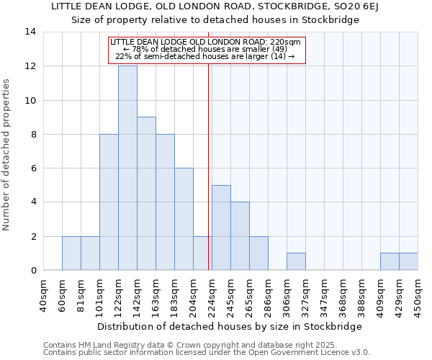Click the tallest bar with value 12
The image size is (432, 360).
(127, 168)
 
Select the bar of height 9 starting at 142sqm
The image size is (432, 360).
(146, 194)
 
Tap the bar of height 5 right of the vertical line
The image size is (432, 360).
(221, 228)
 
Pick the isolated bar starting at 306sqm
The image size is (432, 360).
(296, 262)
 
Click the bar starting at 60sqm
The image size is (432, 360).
(71, 253)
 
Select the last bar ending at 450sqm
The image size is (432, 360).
(408, 262)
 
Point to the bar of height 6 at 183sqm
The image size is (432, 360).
(184, 219)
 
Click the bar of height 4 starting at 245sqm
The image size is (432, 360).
(240, 236)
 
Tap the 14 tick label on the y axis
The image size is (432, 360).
(30, 32)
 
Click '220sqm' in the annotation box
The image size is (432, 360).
(286, 42)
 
